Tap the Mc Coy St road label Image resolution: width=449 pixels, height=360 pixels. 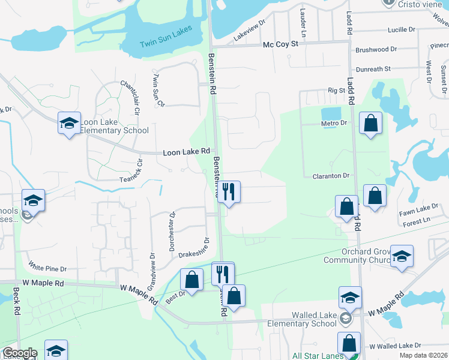pos(280,44)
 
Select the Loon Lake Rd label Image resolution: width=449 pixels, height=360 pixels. pos(187,153)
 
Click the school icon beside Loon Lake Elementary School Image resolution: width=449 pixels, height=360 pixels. pos(70,123)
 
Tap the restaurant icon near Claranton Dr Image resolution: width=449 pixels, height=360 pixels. pos(228,192)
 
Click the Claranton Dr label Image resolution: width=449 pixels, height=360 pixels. pos(331,176)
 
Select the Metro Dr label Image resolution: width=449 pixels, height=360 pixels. pos(334,123)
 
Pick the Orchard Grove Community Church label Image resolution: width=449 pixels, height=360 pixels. pos(356,256)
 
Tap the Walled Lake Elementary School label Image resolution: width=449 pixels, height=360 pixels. pos(315,319)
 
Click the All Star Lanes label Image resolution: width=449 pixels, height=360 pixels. pos(318,356)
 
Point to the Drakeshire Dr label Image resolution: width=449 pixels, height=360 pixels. pos(193,248)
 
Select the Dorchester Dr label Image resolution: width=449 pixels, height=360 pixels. pos(172,231)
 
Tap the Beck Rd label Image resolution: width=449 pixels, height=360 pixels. pos(18,304)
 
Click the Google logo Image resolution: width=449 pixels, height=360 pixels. pos(19,353)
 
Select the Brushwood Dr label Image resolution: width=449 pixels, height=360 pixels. pos(376,50)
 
